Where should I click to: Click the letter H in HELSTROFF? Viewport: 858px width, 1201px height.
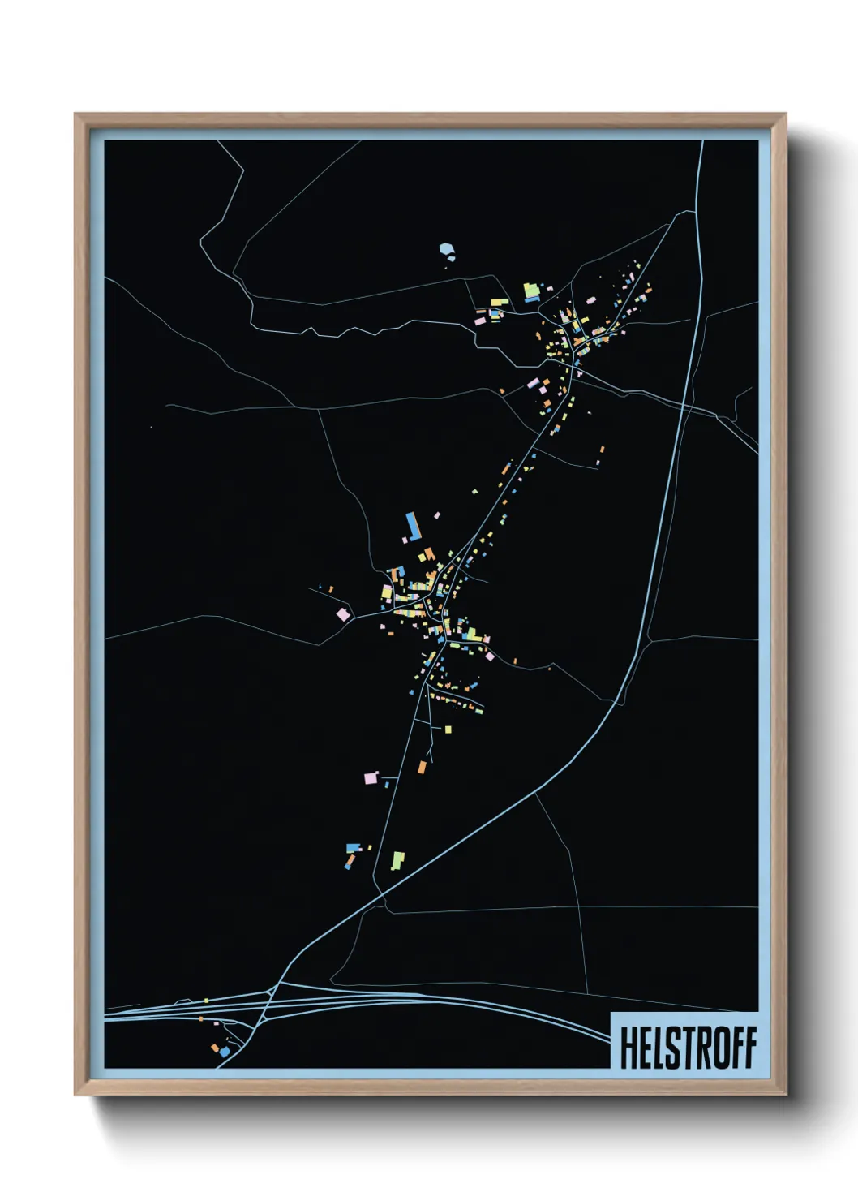(629, 1048)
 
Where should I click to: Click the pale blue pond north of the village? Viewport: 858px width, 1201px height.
(446, 250)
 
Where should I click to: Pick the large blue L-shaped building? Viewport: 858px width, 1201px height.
(414, 526)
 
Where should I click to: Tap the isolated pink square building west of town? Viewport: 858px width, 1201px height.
(343, 614)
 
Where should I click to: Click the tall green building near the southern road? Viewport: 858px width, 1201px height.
(397, 860)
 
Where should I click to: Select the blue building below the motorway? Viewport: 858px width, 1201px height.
(225, 1052)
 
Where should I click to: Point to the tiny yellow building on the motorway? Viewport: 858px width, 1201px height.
(207, 1001)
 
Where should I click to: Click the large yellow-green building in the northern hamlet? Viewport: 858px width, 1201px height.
(531, 290)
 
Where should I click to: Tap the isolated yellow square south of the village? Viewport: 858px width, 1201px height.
(448, 729)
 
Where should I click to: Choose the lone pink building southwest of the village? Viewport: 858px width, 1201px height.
(371, 778)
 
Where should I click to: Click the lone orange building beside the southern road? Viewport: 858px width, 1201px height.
(422, 766)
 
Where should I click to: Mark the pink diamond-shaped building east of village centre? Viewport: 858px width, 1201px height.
(488, 655)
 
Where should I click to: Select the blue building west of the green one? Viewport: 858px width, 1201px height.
(352, 848)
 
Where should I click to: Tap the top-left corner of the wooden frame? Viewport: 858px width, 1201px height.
(75, 114)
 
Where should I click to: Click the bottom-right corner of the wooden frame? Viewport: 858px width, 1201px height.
(785, 1094)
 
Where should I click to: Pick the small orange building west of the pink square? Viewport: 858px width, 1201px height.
(331, 588)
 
